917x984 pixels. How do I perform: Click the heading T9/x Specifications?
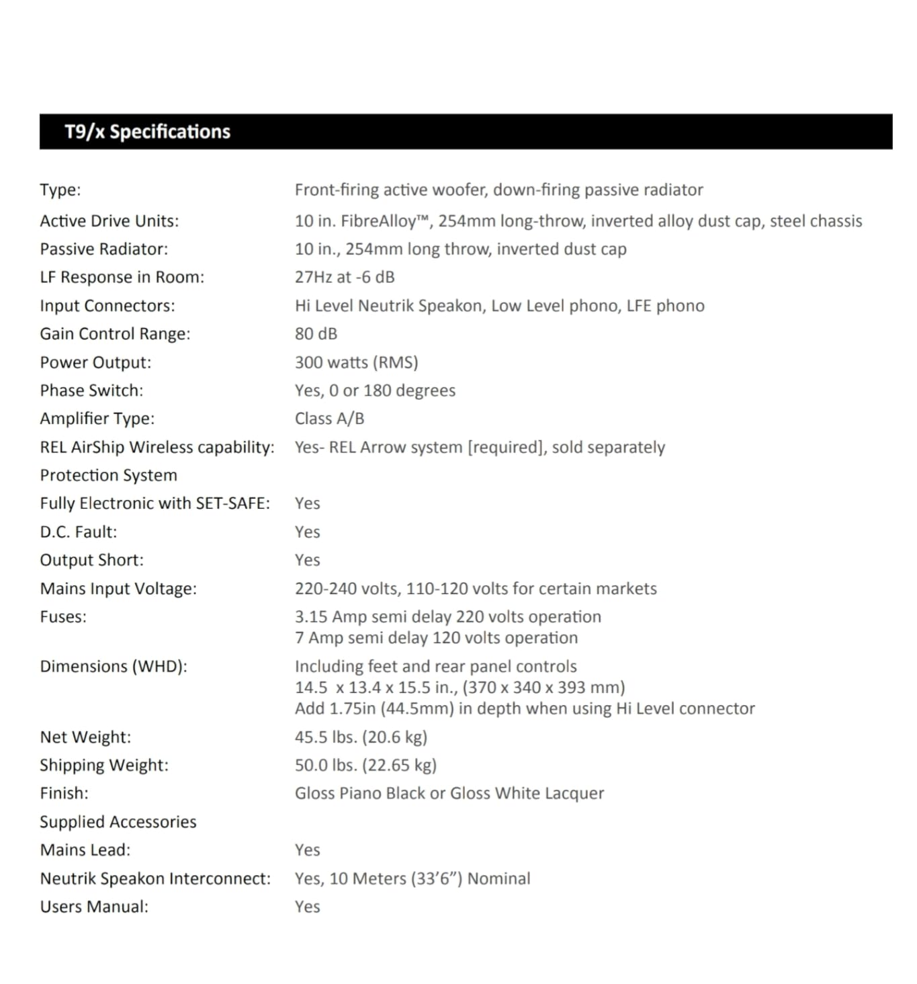tap(147, 132)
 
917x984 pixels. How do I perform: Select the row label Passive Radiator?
tap(104, 249)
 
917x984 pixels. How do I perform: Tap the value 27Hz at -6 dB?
tap(345, 278)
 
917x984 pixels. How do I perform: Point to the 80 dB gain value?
tap(316, 334)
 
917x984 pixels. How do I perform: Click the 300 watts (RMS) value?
tap(356, 362)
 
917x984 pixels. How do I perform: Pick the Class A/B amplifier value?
tap(329, 419)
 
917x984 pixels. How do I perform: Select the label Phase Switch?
tap(91, 391)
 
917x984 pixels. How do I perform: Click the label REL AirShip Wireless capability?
tap(157, 448)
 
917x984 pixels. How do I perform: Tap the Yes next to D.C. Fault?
tap(307, 532)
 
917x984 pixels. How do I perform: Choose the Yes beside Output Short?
tap(307, 561)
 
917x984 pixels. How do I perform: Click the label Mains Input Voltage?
tap(118, 589)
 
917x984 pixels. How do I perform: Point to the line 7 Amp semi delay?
tap(436, 638)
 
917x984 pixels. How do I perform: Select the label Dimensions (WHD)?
tap(114, 667)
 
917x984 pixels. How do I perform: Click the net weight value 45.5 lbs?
tap(361, 737)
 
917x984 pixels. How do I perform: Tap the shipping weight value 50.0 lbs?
tap(365, 766)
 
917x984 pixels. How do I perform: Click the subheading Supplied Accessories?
tap(118, 822)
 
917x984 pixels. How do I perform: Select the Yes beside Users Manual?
tap(307, 907)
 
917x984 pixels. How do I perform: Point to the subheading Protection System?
tap(109, 476)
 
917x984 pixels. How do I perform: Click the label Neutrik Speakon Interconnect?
tap(155, 878)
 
